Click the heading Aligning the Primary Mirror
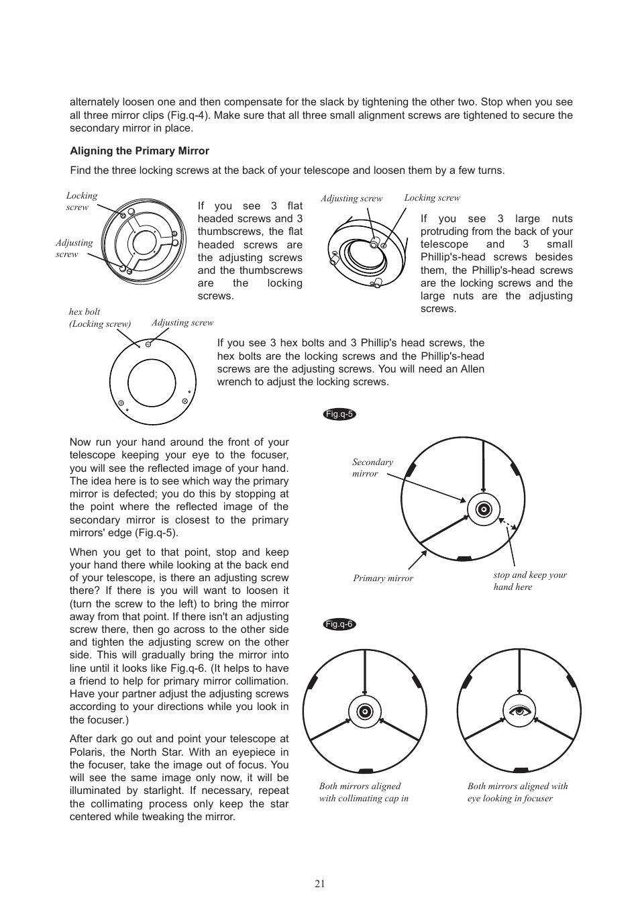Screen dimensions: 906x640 tap(140, 151)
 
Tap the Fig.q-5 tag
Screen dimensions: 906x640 tap(339, 414)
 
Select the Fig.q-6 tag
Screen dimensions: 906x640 tap(339, 624)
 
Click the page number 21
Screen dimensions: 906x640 tap(319, 884)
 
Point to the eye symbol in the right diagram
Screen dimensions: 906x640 tap(519, 711)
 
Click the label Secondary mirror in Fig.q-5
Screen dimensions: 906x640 tap(372, 468)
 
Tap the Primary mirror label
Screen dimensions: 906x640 tap(383, 578)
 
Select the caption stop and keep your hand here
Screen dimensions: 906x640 tap(529, 581)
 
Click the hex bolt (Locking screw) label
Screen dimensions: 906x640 tap(99, 317)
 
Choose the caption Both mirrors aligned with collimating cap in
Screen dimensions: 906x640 tap(364, 792)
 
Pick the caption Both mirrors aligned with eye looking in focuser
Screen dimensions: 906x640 tap(517, 792)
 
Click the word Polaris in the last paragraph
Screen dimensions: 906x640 tap(88, 752)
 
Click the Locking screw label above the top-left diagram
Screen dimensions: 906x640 tap(81, 201)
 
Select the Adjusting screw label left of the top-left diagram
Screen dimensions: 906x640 tap(74, 248)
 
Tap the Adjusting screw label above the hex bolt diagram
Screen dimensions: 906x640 tap(182, 323)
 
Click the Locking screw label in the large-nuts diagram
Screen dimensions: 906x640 tap(432, 198)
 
